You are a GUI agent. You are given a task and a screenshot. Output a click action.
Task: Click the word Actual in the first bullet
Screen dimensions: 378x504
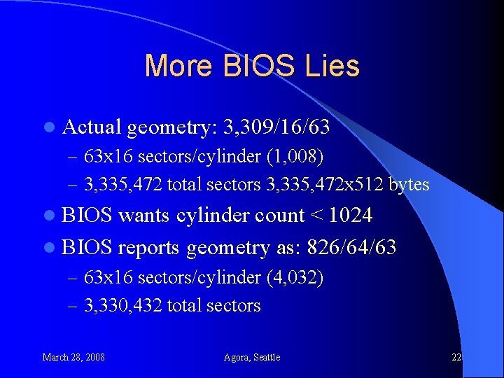(92, 127)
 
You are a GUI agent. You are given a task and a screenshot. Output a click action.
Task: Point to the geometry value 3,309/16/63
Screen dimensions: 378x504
(276, 127)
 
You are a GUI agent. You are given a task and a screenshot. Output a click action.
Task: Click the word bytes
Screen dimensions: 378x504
(409, 184)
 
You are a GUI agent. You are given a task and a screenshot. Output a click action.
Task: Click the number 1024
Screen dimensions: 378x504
(350, 216)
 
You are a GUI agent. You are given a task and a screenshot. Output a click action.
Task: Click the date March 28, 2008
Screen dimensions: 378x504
(73, 357)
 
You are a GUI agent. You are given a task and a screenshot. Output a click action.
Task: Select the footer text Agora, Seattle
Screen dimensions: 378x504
(252, 357)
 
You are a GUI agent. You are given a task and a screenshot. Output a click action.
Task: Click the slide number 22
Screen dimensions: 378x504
(456, 357)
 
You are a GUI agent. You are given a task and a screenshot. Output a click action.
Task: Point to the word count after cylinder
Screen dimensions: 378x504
(280, 216)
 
